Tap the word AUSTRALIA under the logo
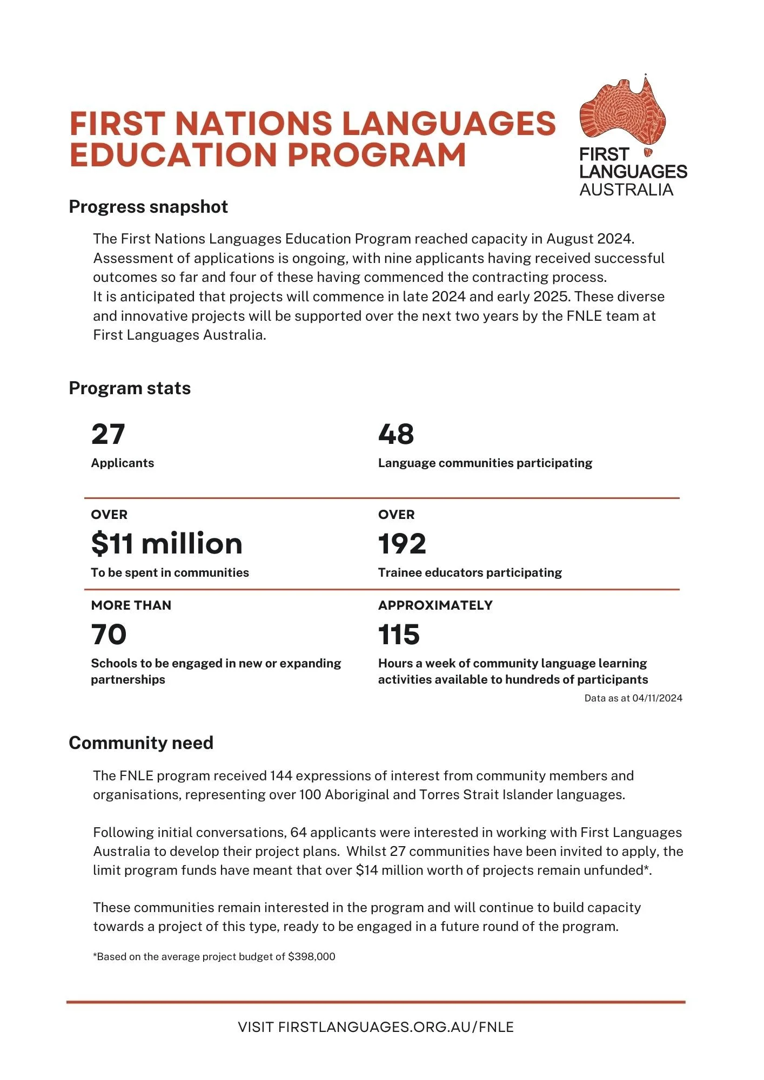coord(626,190)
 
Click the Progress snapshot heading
coord(148,207)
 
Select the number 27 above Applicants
coord(108,434)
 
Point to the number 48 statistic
coord(396,434)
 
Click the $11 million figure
coord(166,544)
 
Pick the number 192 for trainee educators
coord(402,544)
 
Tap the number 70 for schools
coord(109,634)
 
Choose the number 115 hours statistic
coord(399,634)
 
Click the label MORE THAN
coord(131,605)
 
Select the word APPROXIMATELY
coord(435,605)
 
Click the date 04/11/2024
coord(657,698)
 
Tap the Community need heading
coord(141,743)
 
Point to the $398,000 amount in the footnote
coord(312,957)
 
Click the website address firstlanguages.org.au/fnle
coord(396,1027)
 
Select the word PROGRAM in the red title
coord(376,155)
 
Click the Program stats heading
coord(130,388)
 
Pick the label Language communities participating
coord(485,463)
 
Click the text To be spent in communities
coord(170,573)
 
